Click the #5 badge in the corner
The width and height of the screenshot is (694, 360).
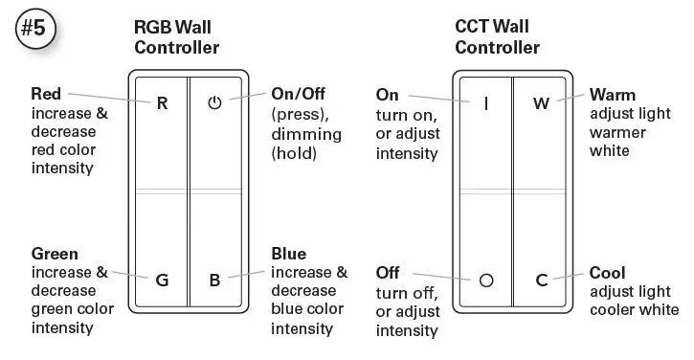pos(35,30)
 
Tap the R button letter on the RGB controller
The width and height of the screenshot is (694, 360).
pos(162,102)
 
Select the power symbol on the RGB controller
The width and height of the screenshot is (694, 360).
pos(214,102)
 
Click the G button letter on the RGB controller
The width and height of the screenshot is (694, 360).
pos(162,281)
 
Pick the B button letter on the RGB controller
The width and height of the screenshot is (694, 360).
pos(214,281)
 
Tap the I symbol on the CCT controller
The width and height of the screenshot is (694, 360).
pos(486,102)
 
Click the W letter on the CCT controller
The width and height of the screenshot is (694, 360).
pos(541,102)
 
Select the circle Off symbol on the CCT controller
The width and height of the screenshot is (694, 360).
pos(486,281)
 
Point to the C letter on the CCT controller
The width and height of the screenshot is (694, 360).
pos(541,281)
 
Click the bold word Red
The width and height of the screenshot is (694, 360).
pos(46,94)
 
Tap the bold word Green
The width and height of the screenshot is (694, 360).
pos(54,254)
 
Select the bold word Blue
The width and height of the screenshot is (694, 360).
pos(288,254)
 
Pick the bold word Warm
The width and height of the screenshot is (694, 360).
pos(613,95)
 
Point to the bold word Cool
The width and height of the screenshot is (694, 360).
pos(608,273)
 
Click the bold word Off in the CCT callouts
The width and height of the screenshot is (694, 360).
pos(388,273)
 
